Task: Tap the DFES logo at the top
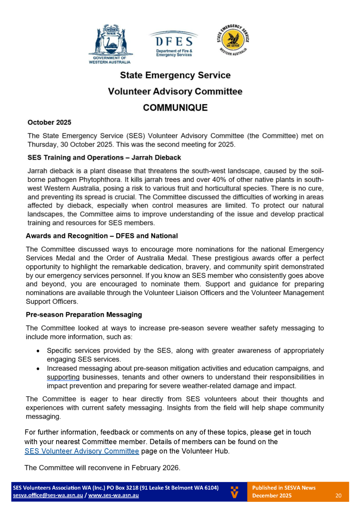tap(174, 44)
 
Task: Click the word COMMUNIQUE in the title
tap(175, 108)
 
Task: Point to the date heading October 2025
tap(49, 122)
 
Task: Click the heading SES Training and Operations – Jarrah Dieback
tap(104, 157)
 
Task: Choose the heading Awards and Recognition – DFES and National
tap(102, 236)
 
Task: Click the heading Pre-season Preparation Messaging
tap(84, 315)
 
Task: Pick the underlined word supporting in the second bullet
tap(63, 377)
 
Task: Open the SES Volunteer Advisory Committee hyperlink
tap(82, 451)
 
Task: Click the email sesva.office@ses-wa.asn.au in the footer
tap(48, 495)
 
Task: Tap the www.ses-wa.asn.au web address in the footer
tap(113, 495)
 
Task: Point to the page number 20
tap(339, 495)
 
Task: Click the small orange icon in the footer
tap(235, 492)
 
